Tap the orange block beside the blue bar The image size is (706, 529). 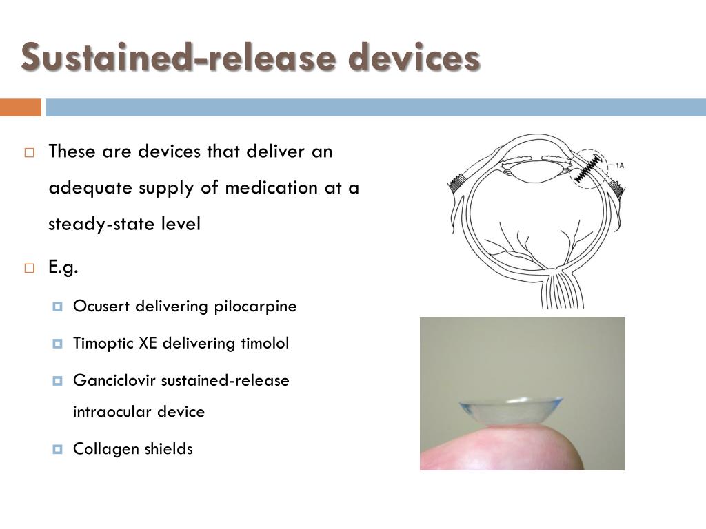pos(20,107)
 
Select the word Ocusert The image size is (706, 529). pos(102,306)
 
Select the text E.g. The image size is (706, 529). pos(63,268)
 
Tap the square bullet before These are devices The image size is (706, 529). pos(29,153)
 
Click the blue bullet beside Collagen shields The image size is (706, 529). pos(58,450)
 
